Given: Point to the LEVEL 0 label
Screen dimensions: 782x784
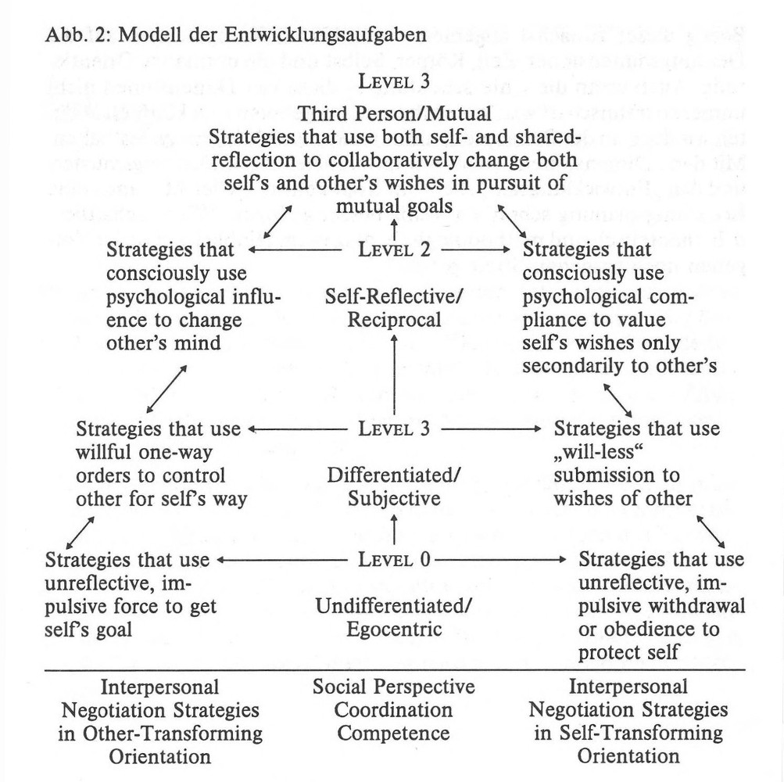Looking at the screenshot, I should [395, 560].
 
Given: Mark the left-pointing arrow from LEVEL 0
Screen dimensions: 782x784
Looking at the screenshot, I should [281, 560].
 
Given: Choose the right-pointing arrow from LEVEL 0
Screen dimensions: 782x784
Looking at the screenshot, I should [500, 560].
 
